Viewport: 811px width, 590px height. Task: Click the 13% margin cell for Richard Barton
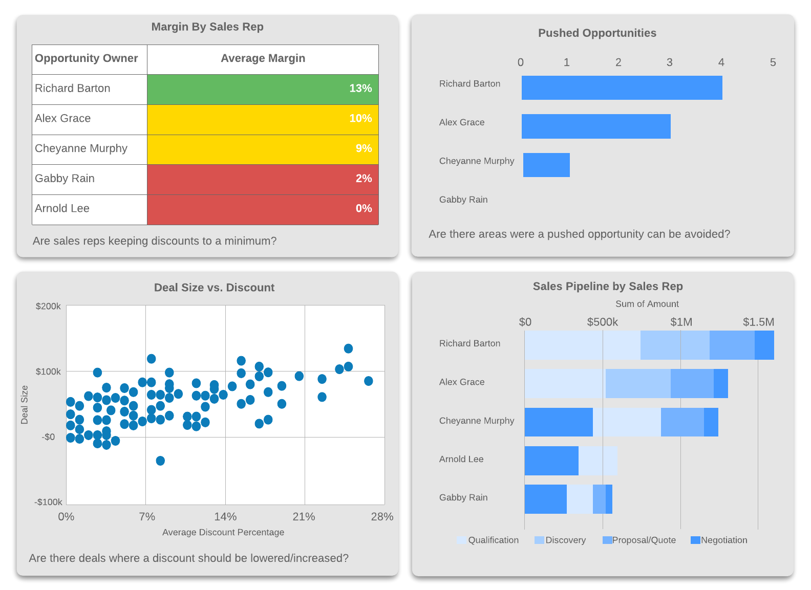[x=263, y=89]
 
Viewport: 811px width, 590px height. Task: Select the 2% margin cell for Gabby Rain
[x=263, y=179]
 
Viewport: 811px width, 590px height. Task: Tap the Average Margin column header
[x=263, y=59]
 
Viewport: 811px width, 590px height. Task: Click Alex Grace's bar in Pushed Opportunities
[x=596, y=126]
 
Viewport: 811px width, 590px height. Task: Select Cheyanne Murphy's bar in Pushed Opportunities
[x=546, y=165]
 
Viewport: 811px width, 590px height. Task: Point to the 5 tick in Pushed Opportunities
[x=773, y=62]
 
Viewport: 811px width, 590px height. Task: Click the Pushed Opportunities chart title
[x=597, y=33]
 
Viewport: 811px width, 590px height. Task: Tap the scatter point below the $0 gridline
[x=160, y=461]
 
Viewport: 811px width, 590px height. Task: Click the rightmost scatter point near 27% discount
[x=368, y=381]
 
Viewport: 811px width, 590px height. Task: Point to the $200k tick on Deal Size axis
[x=48, y=306]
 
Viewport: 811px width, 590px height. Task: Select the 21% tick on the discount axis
[x=304, y=517]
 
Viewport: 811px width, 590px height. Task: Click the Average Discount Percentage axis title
[x=223, y=532]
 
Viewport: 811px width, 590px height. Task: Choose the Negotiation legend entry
[x=719, y=540]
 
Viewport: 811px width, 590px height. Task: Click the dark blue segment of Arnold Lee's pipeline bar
[x=551, y=461]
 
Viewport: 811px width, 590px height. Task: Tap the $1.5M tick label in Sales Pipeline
[x=758, y=322]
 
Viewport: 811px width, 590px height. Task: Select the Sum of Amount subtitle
[x=647, y=304]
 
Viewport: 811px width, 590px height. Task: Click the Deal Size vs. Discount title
[x=214, y=288]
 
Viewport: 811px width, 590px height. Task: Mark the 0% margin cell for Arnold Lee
[x=263, y=209]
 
